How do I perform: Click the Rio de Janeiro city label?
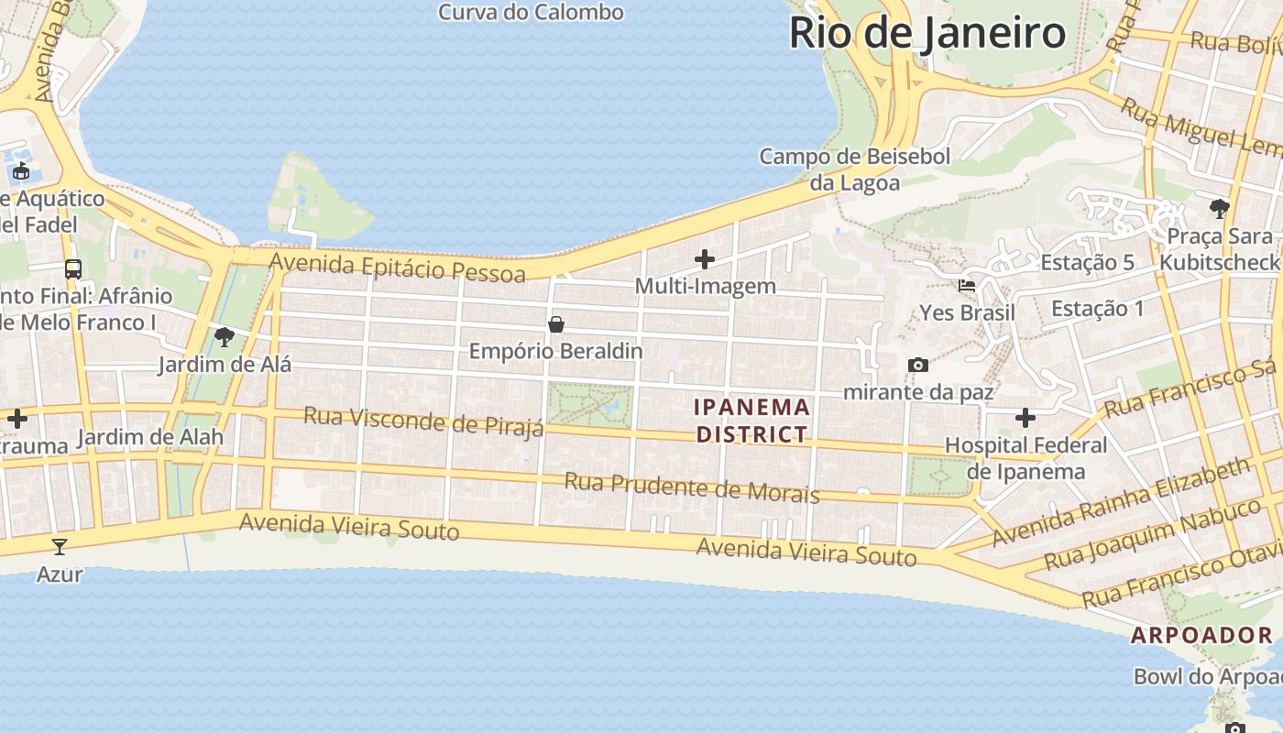[x=927, y=33]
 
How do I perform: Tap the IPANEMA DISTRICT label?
[x=752, y=421]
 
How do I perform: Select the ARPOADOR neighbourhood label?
[x=1201, y=635]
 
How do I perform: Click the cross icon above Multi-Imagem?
[x=705, y=259]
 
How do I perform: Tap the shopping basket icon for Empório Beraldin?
[x=555, y=324]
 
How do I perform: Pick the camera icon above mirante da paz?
[x=917, y=366]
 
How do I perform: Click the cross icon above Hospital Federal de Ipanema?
[x=1025, y=419]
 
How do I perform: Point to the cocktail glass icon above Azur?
[x=60, y=547]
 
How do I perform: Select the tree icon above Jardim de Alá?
[x=224, y=337]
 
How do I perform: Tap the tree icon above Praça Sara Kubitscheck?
[x=1219, y=209]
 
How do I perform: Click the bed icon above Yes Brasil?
[x=967, y=286]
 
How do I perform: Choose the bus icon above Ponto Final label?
[x=73, y=269]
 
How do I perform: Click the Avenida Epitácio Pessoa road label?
[x=398, y=268]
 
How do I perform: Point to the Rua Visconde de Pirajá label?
[x=423, y=421]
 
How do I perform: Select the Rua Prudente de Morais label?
[x=691, y=487]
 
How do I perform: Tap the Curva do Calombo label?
[x=531, y=12]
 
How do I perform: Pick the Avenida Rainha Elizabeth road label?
[x=1120, y=501]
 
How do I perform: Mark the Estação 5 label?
[x=1087, y=263]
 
